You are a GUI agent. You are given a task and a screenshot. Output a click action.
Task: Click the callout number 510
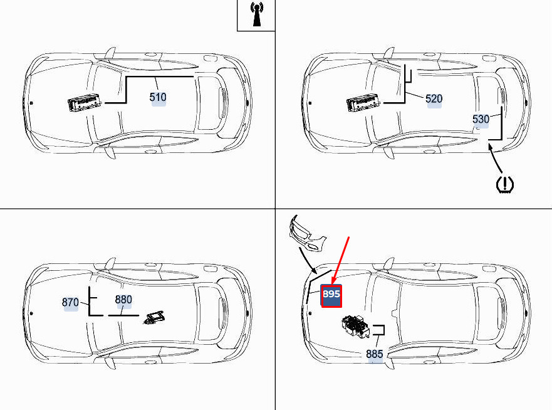[158, 97]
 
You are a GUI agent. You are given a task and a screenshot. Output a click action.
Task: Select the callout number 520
[434, 98]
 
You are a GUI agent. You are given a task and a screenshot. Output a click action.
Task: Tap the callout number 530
[481, 119]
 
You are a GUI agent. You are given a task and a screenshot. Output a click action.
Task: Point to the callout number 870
[70, 302]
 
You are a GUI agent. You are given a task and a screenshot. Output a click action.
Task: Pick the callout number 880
[123, 300]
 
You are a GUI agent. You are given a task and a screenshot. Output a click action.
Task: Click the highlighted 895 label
[331, 295]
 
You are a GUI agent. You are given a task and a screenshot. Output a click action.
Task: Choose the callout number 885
[374, 354]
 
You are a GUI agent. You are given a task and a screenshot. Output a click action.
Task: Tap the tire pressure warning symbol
[505, 184]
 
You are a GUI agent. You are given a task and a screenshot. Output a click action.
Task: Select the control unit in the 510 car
[85, 103]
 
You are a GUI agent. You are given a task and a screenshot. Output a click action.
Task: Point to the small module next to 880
[154, 317]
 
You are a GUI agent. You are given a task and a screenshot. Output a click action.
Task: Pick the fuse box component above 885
[356, 326]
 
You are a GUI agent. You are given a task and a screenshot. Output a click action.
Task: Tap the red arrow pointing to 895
[340, 261]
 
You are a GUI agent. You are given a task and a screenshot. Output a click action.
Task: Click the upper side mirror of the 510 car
[110, 53]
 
